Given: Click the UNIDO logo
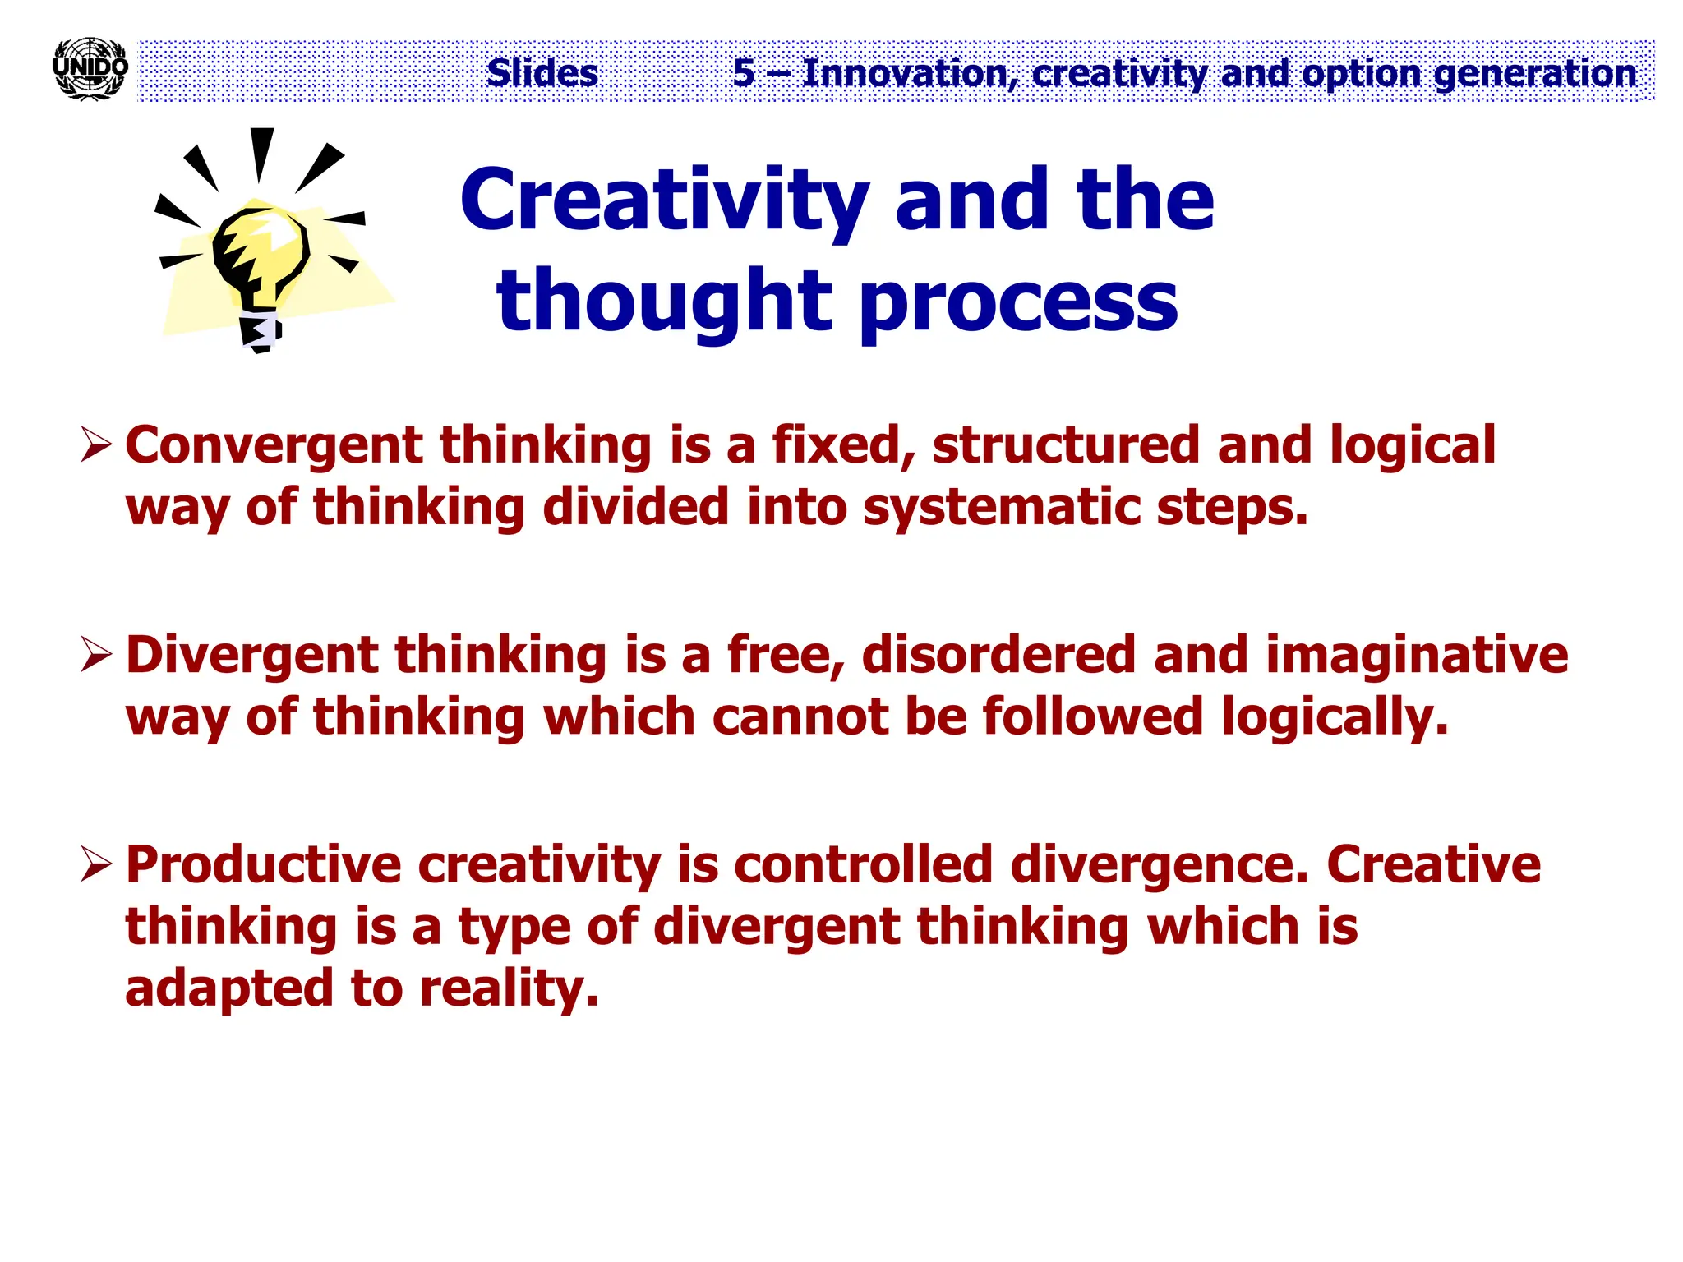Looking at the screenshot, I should [90, 69].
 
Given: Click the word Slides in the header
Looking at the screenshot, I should [542, 73].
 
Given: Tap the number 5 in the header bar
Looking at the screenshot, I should [744, 73].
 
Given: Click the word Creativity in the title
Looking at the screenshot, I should [664, 201].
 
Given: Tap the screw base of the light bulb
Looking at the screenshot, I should [260, 330].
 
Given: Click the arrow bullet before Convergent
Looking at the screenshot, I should [96, 447].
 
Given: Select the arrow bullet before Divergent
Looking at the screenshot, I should [96, 656].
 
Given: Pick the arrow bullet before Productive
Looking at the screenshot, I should [96, 866].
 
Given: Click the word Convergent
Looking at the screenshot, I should [274, 446].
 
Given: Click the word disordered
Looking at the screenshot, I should [998, 655].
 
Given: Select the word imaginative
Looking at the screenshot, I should [1416, 655].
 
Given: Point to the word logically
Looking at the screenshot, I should [1335, 718].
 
